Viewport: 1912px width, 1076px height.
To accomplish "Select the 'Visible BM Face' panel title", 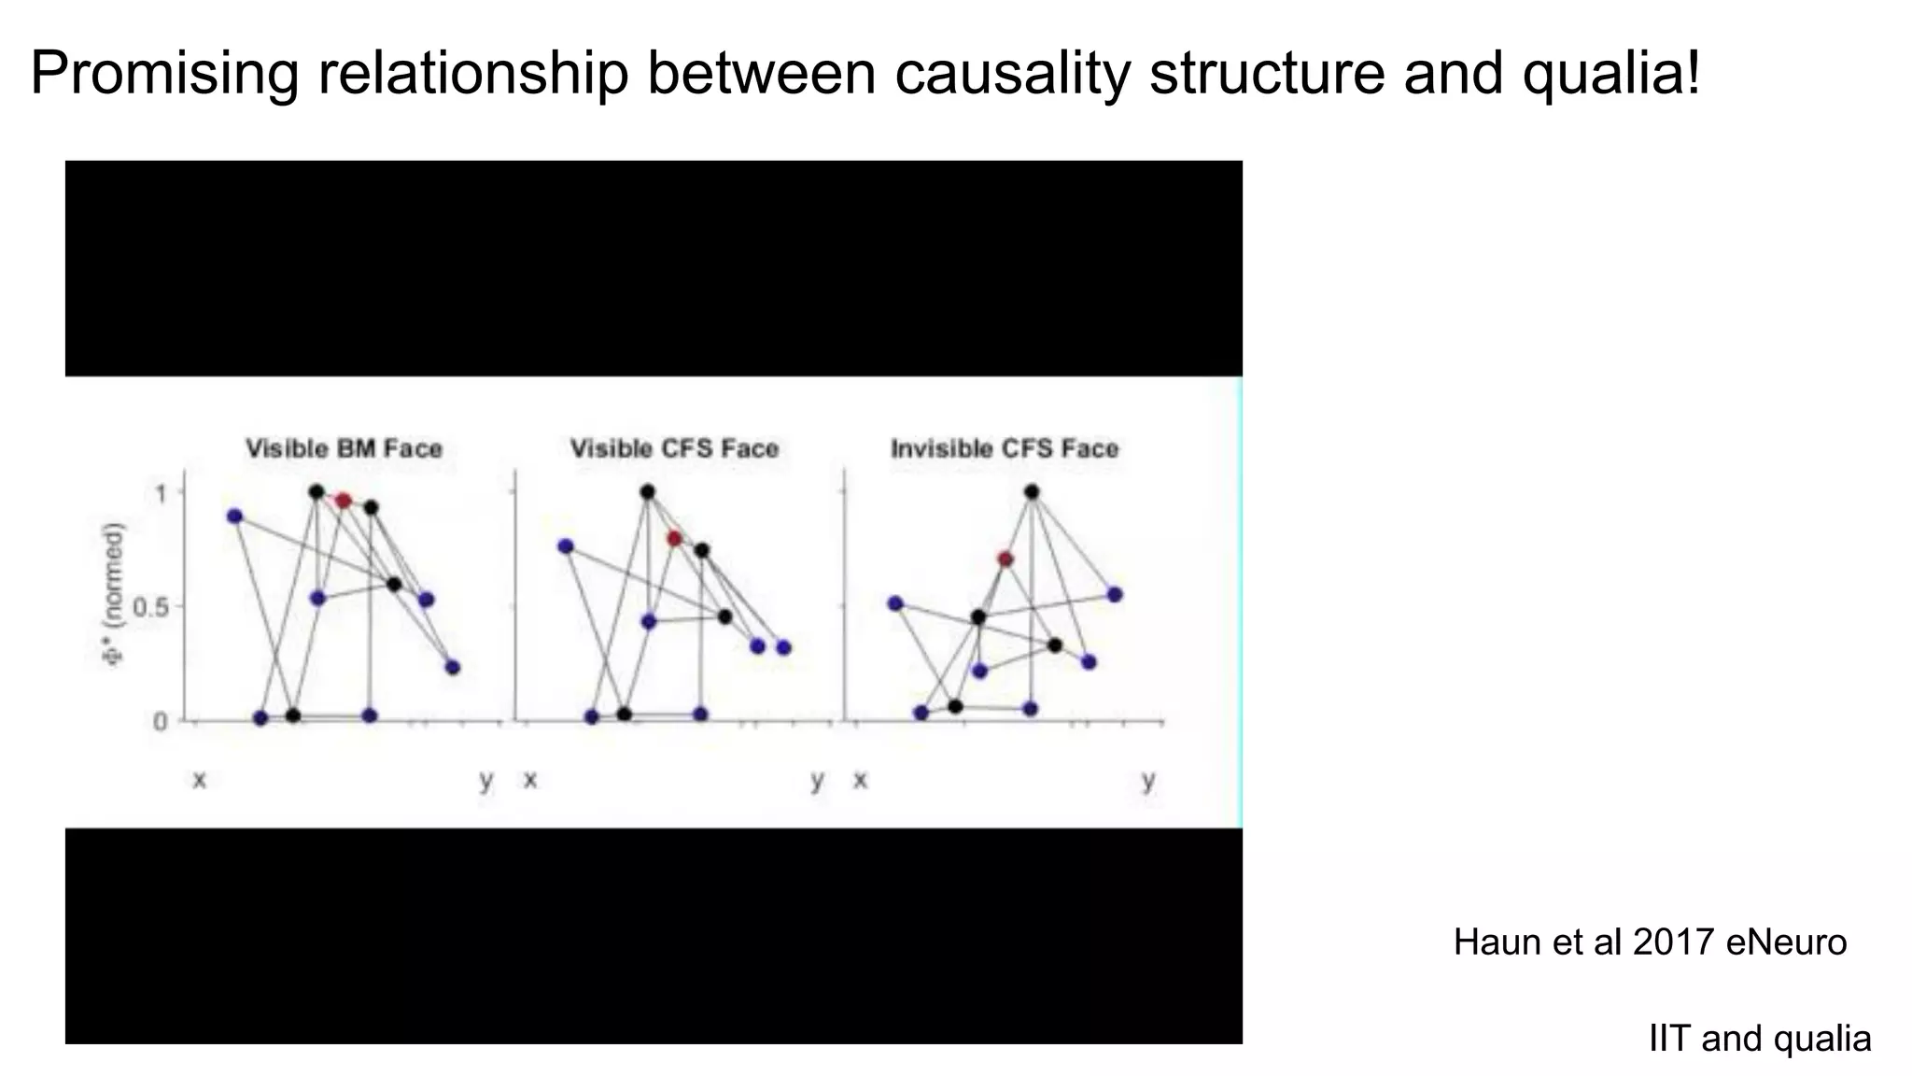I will point(344,449).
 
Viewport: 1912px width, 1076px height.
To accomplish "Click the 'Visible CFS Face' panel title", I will point(674,449).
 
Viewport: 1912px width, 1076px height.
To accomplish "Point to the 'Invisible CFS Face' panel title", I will point(1005,449).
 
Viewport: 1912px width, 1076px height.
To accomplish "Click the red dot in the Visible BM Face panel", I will point(344,501).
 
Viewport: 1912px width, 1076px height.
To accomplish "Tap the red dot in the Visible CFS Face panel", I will point(674,539).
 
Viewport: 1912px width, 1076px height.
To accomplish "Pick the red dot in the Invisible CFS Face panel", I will point(1005,559).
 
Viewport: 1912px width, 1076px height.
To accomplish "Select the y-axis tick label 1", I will point(161,492).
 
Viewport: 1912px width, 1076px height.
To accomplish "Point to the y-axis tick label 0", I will point(160,721).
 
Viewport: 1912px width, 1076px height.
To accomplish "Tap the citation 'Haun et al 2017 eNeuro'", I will point(1650,942).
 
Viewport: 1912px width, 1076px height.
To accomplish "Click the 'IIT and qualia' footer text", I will point(1760,1039).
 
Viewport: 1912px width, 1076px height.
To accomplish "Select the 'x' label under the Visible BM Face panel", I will point(199,779).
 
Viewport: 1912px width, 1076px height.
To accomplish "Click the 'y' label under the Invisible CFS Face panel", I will point(1148,779).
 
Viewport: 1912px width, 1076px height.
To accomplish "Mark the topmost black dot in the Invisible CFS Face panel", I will point(1032,491).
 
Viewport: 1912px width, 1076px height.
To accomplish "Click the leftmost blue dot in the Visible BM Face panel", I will point(234,517).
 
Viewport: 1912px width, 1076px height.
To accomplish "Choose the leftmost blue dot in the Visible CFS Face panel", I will point(565,546).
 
